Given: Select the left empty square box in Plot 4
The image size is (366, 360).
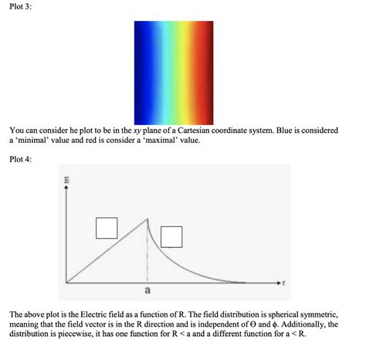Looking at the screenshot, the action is [x=107, y=228].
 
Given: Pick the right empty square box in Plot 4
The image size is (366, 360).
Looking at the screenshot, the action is [x=171, y=236].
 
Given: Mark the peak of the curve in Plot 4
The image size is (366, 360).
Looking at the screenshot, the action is [x=147, y=220].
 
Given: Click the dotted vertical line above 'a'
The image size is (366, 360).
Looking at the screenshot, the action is [x=147, y=255].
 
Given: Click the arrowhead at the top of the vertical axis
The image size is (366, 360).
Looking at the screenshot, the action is [x=67, y=189].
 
